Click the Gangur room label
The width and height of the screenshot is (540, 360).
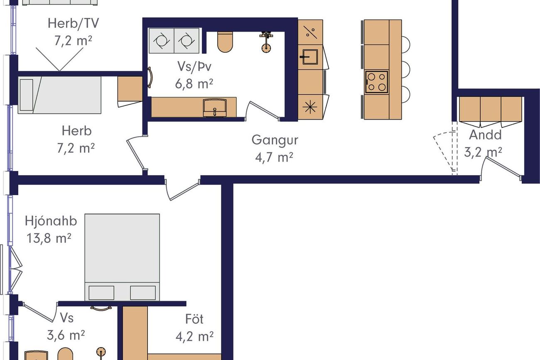(275, 140)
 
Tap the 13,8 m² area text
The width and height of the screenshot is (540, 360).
(49, 238)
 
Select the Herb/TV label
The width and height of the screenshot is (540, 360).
(73, 23)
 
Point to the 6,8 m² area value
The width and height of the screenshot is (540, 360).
(194, 84)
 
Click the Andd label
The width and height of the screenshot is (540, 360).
(485, 135)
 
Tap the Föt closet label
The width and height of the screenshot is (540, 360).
(194, 319)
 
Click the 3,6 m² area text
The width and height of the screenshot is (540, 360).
(66, 335)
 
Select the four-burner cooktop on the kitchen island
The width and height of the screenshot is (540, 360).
(377, 82)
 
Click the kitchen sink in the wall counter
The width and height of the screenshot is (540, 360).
(310, 57)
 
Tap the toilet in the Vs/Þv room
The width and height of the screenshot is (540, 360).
(225, 42)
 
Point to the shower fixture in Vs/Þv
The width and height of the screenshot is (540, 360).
(266, 42)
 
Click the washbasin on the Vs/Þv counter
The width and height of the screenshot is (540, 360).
(215, 108)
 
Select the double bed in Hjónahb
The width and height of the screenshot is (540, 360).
(122, 257)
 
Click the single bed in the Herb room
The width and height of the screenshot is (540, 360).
(59, 95)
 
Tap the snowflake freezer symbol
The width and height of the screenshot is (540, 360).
(310, 107)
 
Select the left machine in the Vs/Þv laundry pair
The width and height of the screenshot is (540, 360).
(161, 40)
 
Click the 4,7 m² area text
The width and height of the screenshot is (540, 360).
(274, 158)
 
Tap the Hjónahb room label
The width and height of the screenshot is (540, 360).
(51, 221)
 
